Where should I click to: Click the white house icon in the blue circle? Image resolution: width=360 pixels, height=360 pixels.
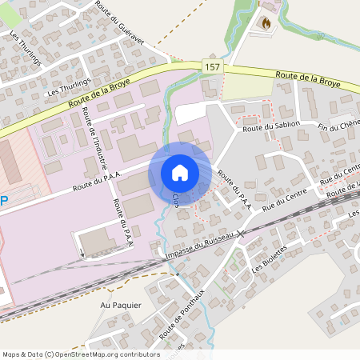(x=179, y=172)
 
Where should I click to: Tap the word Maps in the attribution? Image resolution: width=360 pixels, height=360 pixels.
(x=11, y=354)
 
